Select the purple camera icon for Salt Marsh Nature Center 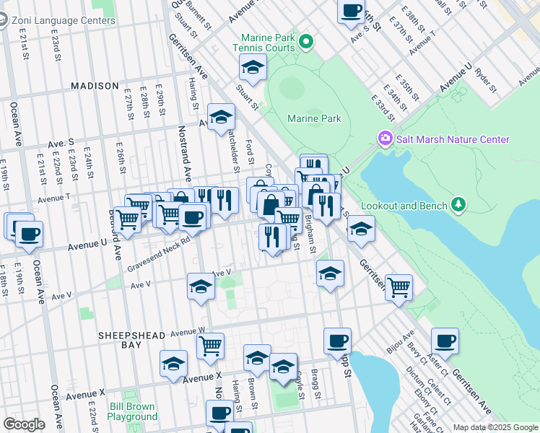pos(385,138)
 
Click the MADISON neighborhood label pos(95,86)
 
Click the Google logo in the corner pos(24,424)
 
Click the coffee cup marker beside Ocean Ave pos(30,235)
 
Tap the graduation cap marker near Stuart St pos(252,69)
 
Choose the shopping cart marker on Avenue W pos(210,346)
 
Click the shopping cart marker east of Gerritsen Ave pos(399,287)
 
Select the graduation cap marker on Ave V pos(201,287)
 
